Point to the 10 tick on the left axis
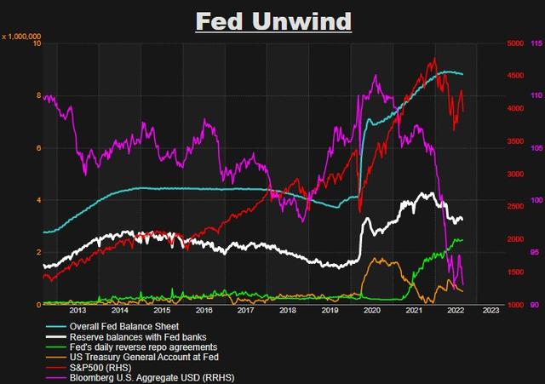pos(35,43)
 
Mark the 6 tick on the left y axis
pos(37,148)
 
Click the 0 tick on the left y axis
pos(37,305)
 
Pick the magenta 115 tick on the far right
pos(536,43)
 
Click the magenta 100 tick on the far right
pos(536,200)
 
